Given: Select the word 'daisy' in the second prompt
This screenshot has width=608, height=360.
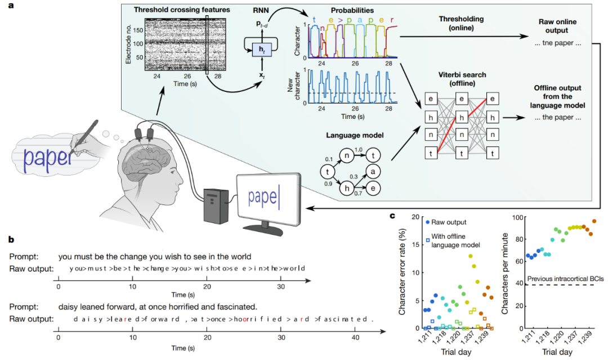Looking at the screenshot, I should [x=70, y=306].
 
